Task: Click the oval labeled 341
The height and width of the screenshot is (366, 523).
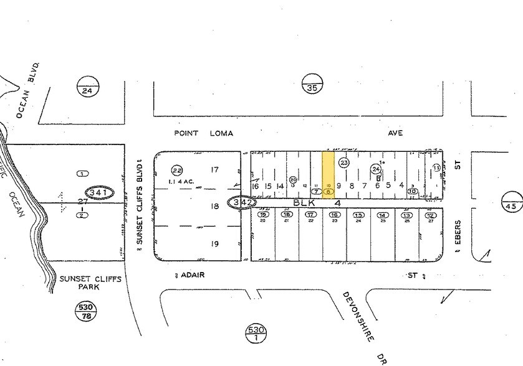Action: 100,193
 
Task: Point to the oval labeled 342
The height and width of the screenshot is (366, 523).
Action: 242,202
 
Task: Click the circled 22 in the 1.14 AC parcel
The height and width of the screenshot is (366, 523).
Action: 177,170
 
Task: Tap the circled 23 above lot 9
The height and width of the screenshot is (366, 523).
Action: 343,162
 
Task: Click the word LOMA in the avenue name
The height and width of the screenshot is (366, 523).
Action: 222,133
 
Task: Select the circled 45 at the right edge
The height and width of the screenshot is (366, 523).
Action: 512,204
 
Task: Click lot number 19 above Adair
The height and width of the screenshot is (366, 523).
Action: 214,244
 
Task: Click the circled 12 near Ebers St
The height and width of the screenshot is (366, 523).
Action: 430,215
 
